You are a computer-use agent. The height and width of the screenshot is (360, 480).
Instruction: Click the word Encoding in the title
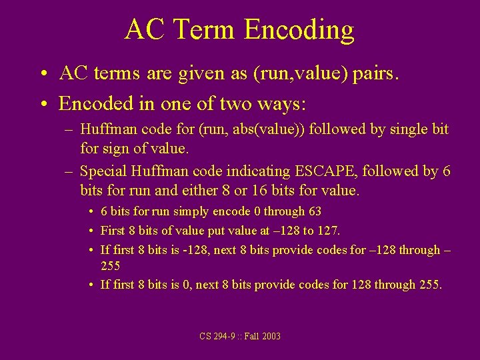(299, 31)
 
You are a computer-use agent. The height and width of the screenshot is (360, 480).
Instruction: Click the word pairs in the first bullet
(375, 75)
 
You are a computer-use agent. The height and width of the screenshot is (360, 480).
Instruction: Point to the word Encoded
(91, 103)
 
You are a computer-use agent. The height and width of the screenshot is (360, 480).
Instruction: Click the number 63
(314, 211)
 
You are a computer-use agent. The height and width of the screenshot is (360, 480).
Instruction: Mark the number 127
(329, 231)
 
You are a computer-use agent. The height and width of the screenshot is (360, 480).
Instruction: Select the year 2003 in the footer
(271, 336)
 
